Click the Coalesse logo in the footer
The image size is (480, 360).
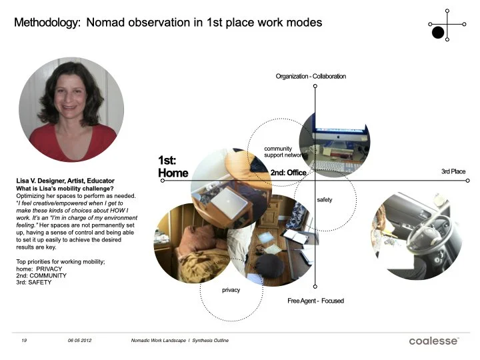coord(433,341)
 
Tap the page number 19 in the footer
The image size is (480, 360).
coord(23,341)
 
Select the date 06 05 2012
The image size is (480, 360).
coord(79,341)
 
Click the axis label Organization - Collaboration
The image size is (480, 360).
coord(311,77)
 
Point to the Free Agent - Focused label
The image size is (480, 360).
coord(315,301)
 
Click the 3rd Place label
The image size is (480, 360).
coord(453,172)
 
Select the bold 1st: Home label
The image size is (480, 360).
coord(173,167)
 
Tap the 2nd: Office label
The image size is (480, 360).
coord(288,173)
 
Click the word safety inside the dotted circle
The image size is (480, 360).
coord(324,200)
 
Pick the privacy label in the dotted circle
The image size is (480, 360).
coord(231,291)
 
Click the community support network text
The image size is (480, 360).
coord(285,151)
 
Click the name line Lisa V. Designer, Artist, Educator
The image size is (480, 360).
coord(65,181)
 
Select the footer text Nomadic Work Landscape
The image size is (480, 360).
coord(159,341)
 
